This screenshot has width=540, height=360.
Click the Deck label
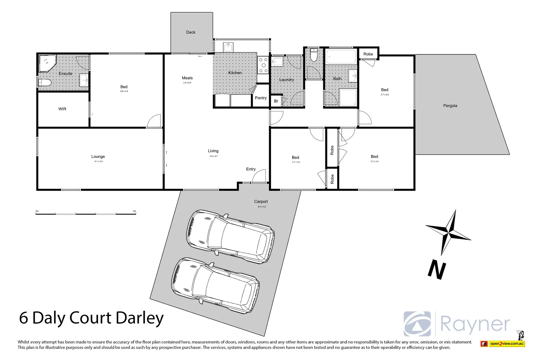point(191,32)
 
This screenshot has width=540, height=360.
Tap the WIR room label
point(62,109)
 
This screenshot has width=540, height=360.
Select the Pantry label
point(261,98)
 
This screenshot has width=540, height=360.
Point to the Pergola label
point(450,106)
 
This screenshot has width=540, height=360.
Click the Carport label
point(261,202)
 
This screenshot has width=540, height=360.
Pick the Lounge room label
point(98,157)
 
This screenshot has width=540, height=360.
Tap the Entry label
point(251,169)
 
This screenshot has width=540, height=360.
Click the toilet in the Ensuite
point(44,82)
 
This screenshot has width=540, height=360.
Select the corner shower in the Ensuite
point(47,63)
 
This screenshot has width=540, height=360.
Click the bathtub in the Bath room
point(341,57)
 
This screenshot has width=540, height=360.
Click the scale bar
point(86,213)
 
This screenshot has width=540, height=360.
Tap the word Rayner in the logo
point(475,324)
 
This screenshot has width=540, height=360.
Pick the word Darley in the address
point(140,318)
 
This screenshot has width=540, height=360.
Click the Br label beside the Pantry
point(276,101)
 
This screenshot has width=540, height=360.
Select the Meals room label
point(187,78)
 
